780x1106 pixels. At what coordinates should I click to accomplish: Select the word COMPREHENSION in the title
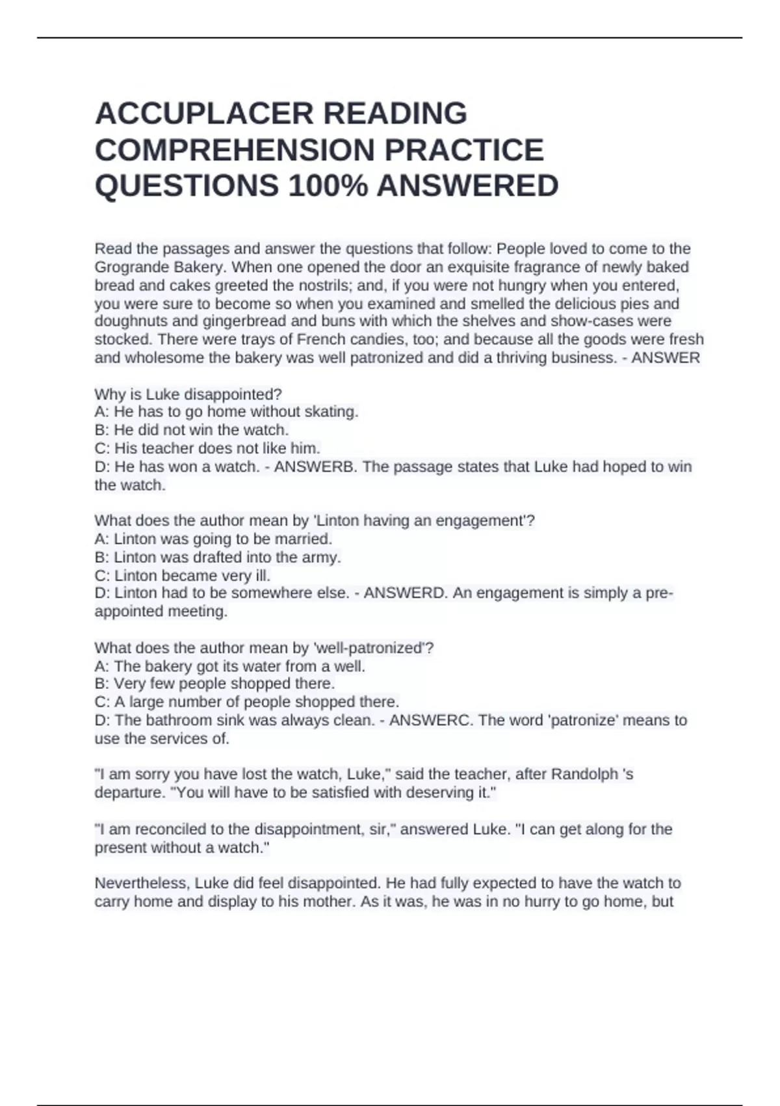[x=235, y=150]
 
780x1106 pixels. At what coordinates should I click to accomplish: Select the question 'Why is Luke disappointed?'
[x=188, y=394]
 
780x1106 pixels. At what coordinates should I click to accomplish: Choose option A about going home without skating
[x=226, y=412]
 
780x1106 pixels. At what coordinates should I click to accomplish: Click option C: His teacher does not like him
[x=207, y=448]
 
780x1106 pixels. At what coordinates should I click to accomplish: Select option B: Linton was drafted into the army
[x=218, y=558]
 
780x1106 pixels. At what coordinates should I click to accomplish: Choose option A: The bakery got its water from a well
[x=229, y=666]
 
